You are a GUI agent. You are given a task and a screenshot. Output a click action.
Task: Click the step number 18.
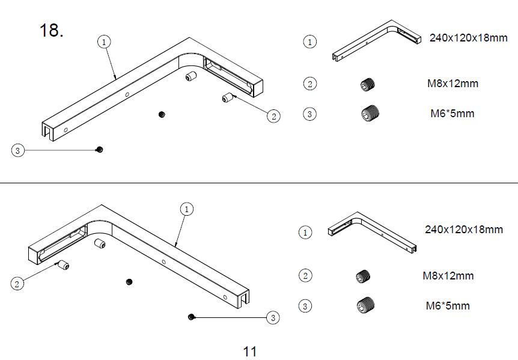click(x=52, y=31)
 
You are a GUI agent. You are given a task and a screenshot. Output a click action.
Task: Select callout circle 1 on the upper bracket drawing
click(x=105, y=41)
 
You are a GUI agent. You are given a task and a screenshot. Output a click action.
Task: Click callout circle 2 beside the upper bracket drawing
click(x=274, y=116)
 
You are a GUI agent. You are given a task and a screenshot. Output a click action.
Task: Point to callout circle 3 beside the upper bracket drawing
click(x=18, y=150)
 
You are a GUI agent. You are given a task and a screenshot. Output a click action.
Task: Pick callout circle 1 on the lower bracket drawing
click(x=187, y=209)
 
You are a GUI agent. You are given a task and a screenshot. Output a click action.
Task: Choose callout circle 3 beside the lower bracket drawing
click(x=273, y=317)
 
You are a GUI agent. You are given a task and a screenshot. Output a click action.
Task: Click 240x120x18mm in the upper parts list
click(x=469, y=38)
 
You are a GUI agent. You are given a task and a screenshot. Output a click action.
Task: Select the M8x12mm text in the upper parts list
click(x=452, y=84)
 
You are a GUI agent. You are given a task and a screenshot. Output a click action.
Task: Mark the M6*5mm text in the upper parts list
click(x=452, y=113)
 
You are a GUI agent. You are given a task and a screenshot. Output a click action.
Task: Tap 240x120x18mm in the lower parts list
click(x=464, y=229)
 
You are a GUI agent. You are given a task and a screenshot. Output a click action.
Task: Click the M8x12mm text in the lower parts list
click(x=448, y=276)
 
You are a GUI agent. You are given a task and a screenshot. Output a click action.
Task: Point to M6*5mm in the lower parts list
click(x=448, y=306)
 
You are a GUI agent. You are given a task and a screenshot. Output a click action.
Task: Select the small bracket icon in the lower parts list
click(x=373, y=231)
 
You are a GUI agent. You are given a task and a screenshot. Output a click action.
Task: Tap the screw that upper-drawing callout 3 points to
click(x=100, y=150)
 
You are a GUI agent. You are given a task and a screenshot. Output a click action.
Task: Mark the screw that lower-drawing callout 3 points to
click(x=191, y=317)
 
